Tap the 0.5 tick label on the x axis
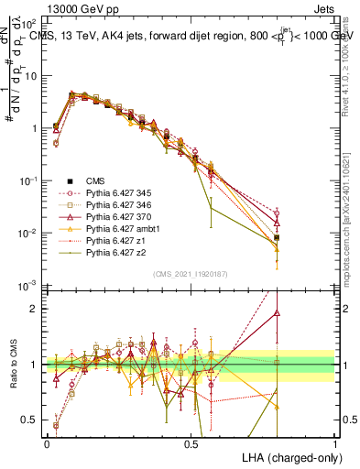pyautogui.click(x=191, y=444)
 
